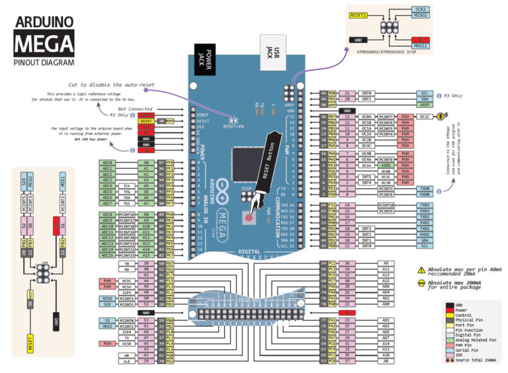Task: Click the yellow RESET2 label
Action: tap(359, 14)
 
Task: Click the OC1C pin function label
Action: tap(425, 116)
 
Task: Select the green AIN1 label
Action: tap(386, 165)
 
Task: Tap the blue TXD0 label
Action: tap(425, 188)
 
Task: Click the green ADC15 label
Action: tap(107, 255)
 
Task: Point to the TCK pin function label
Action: tap(127, 186)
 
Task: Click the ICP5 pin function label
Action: tap(127, 293)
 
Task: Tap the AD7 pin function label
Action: tap(386, 338)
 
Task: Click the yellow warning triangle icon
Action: tap(421, 270)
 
